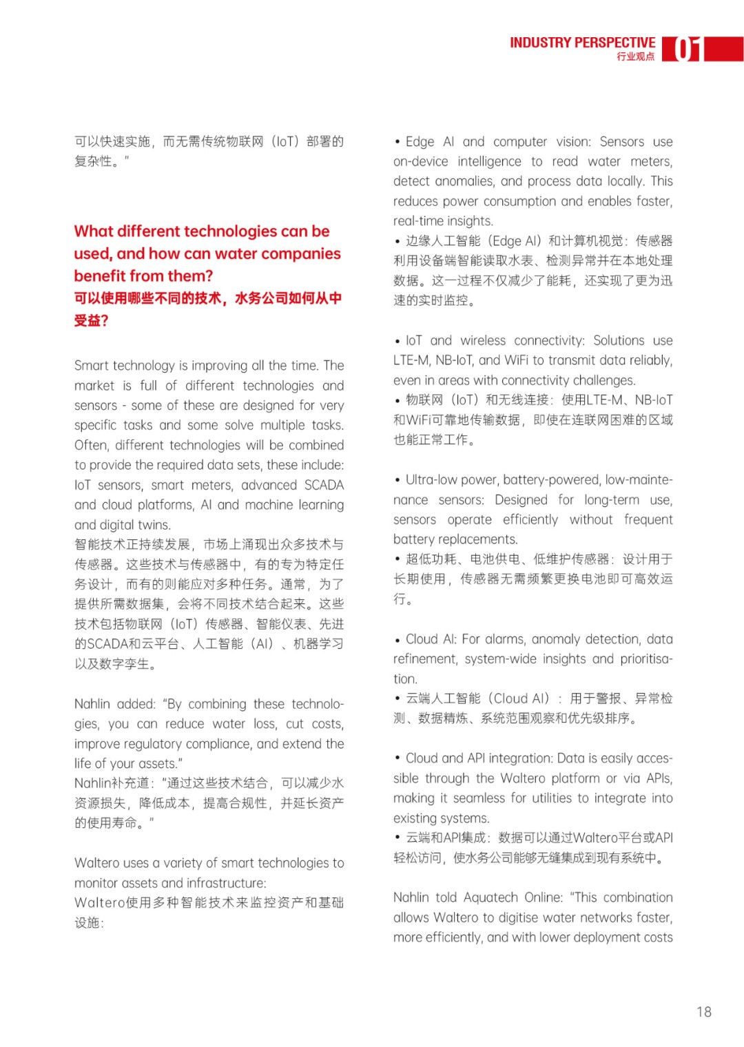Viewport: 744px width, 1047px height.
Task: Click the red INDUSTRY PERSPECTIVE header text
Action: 582,43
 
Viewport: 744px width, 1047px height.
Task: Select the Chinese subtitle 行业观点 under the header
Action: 635,56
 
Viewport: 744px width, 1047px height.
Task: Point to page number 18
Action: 703,1012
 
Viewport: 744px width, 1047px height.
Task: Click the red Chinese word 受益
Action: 86,321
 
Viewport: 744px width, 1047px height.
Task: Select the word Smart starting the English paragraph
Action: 92,366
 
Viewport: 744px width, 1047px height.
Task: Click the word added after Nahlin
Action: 136,704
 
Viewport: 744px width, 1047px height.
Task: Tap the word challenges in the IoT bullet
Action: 602,380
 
